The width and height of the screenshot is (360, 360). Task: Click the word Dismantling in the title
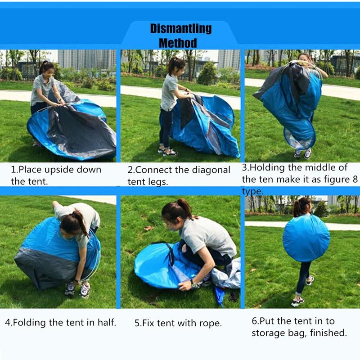click(180, 29)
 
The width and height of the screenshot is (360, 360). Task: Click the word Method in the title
click(178, 43)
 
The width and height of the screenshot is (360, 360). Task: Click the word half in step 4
click(107, 322)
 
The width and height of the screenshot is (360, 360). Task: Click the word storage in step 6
click(267, 333)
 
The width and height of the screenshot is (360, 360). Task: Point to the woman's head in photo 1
click(46, 67)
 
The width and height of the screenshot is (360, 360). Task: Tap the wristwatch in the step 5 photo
click(194, 284)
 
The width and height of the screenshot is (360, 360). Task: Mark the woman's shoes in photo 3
click(302, 153)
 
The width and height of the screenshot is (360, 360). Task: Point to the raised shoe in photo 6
click(310, 280)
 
